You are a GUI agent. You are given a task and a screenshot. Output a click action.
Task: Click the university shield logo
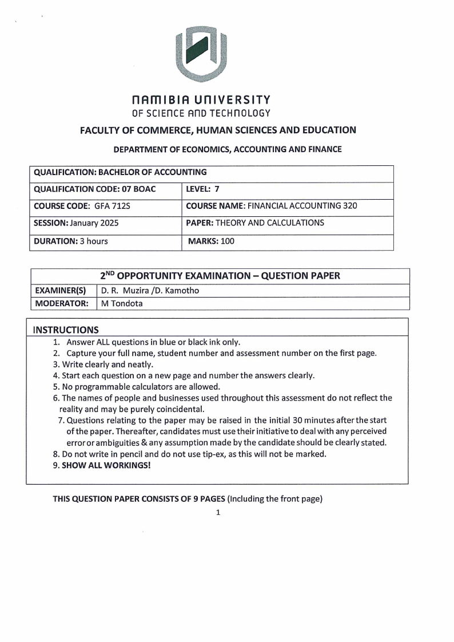click(201, 54)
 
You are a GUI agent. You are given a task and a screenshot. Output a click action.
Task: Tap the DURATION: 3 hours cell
click(71, 241)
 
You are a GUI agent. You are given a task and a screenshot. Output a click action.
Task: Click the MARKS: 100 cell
click(212, 241)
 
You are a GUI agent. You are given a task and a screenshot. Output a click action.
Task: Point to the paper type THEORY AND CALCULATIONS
click(269, 223)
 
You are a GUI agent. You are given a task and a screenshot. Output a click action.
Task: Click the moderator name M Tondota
click(122, 304)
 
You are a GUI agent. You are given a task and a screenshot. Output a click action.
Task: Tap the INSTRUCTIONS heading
click(66, 330)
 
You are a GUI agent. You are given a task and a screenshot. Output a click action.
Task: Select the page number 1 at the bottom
click(218, 512)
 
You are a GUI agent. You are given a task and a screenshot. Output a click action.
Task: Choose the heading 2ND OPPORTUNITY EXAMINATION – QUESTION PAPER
click(220, 276)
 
